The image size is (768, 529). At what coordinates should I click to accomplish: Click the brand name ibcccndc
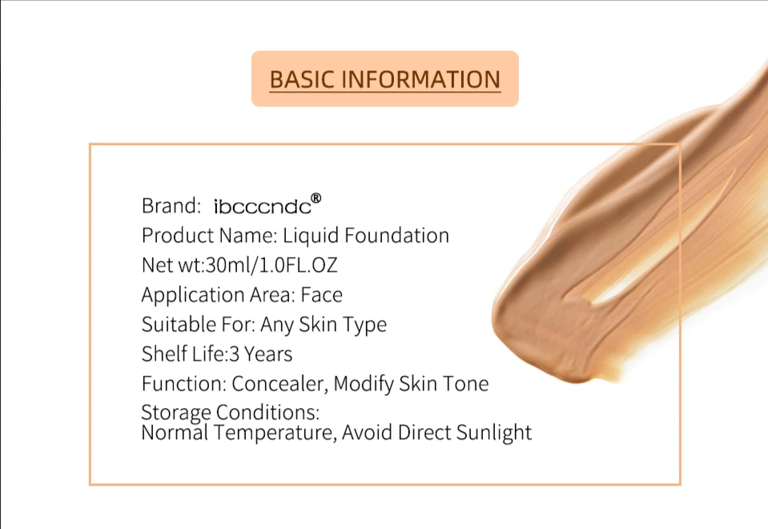click(x=263, y=207)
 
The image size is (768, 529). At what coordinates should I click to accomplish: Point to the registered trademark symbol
click(x=316, y=198)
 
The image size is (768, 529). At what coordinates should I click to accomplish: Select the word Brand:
click(x=171, y=206)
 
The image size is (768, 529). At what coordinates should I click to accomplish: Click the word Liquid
click(x=311, y=236)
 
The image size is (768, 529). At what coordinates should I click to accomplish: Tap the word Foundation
click(x=396, y=236)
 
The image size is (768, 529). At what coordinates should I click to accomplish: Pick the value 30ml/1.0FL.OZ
click(x=271, y=265)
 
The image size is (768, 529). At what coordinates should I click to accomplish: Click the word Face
click(x=321, y=295)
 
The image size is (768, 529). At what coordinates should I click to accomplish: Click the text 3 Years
click(x=260, y=354)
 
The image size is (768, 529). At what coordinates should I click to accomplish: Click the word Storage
click(x=176, y=413)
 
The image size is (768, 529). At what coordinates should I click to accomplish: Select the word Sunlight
click(x=493, y=432)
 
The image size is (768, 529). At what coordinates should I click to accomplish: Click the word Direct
click(x=424, y=432)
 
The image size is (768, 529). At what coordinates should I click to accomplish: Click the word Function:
click(x=184, y=383)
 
